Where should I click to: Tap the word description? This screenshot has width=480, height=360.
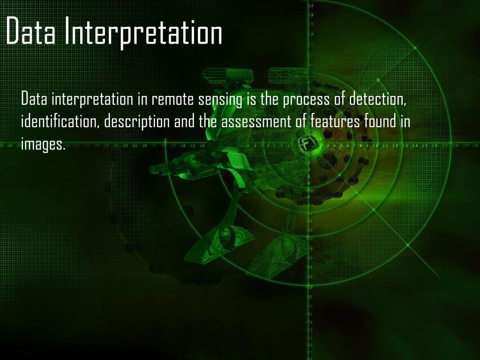point(136,123)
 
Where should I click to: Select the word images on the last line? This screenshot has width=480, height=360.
point(43,144)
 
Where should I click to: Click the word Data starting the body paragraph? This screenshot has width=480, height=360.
point(34,100)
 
